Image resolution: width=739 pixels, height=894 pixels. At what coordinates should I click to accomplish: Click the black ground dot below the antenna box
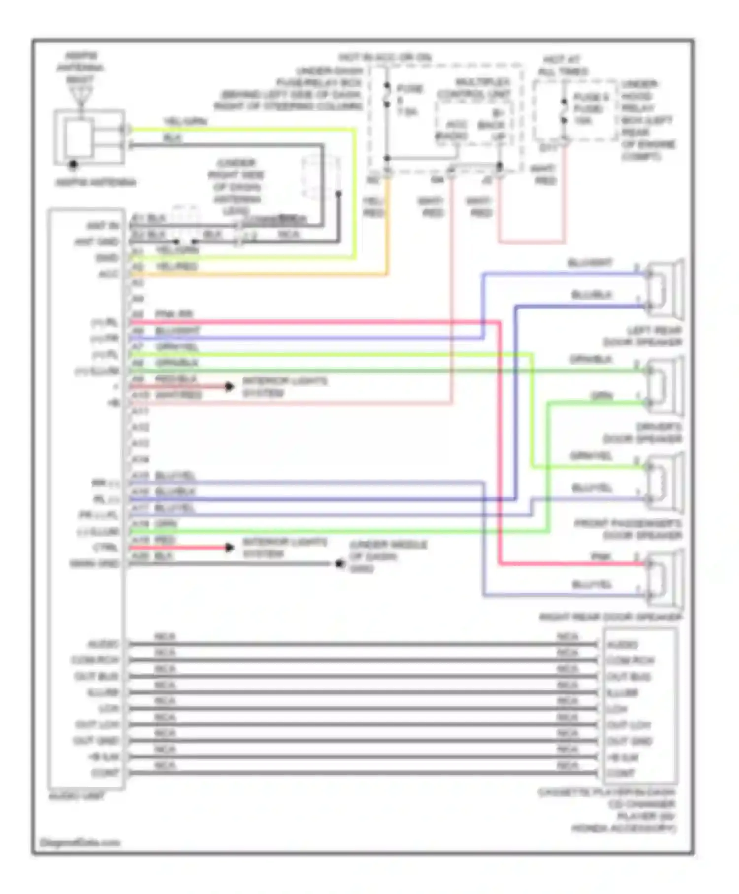(x=73, y=164)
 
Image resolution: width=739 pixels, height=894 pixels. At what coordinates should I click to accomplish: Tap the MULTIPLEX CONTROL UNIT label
(x=475, y=88)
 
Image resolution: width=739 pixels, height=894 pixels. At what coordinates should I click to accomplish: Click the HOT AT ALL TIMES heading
(x=562, y=66)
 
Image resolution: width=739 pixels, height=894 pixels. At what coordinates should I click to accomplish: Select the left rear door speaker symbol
(x=666, y=289)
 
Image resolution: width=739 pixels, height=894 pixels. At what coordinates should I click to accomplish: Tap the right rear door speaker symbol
(x=666, y=580)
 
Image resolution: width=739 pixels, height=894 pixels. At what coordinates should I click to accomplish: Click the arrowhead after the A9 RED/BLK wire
(x=229, y=387)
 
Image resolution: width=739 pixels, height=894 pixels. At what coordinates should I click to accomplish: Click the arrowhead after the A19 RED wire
(x=229, y=548)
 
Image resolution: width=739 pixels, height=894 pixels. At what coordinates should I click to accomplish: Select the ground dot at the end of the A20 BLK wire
(x=339, y=563)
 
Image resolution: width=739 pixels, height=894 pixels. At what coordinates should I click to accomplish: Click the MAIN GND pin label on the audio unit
(x=95, y=563)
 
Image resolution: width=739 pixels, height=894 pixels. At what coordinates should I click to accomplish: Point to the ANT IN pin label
(x=102, y=226)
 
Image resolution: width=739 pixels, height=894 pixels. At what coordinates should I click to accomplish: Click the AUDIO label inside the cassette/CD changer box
(x=622, y=645)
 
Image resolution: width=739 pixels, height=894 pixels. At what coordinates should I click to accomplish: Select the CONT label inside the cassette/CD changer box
(x=620, y=773)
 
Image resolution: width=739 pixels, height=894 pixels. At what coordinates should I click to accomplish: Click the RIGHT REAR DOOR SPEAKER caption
(x=611, y=617)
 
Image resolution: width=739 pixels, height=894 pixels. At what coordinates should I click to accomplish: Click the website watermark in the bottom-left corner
(x=79, y=842)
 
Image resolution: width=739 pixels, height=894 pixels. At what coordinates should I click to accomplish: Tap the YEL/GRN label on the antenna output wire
(x=185, y=121)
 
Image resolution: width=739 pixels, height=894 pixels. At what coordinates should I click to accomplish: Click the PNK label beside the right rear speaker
(x=601, y=557)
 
